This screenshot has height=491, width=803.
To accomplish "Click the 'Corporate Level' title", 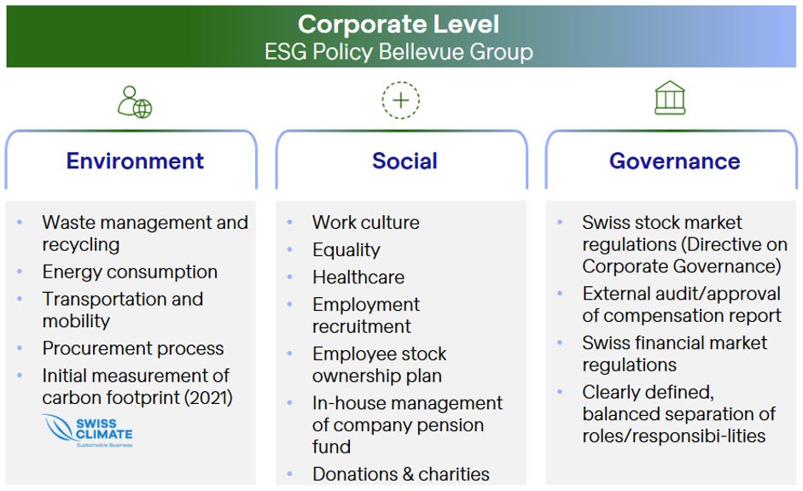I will click(x=399, y=24).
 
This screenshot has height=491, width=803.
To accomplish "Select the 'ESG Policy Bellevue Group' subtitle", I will click(x=399, y=51).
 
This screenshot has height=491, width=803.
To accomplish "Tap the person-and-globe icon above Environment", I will click(x=134, y=102).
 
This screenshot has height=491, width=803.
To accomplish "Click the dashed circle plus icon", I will click(x=400, y=101).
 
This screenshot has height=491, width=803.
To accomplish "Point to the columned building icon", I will click(x=670, y=99).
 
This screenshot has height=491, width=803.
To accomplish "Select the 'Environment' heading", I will click(x=135, y=161).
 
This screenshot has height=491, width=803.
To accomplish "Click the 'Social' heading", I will click(x=404, y=161).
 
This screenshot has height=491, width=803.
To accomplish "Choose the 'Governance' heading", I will click(x=674, y=161).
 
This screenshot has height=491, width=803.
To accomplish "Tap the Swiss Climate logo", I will click(x=88, y=431).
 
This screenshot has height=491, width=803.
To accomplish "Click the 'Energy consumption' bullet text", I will click(x=130, y=272).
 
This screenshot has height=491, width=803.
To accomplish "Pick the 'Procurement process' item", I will click(x=133, y=348).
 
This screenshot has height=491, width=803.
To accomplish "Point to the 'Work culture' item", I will click(x=365, y=223).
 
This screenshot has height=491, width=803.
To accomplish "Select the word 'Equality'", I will click(x=346, y=250).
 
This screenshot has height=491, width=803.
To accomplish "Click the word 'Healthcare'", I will click(x=358, y=278).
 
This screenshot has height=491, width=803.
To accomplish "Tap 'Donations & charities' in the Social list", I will click(x=400, y=474).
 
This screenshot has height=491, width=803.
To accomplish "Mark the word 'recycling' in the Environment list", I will click(x=81, y=245).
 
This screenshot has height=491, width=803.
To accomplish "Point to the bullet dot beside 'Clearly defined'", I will click(x=560, y=392).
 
